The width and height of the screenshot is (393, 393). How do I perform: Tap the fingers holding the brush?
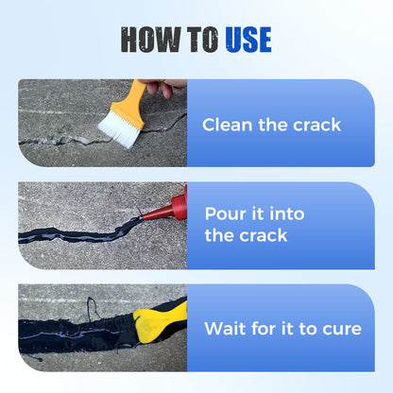(168, 88)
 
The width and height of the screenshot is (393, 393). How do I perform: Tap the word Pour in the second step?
(223, 215)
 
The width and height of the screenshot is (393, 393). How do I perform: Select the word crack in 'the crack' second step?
(263, 235)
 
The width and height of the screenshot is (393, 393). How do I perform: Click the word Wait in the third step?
(225, 329)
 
